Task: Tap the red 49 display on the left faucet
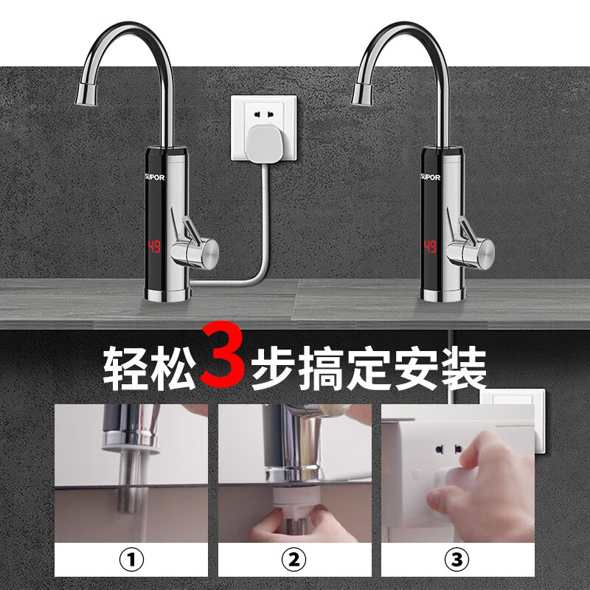(154, 246)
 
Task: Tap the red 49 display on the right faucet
(431, 246)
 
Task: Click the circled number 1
(131, 559)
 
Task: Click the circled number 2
(294, 559)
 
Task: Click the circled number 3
(458, 559)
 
